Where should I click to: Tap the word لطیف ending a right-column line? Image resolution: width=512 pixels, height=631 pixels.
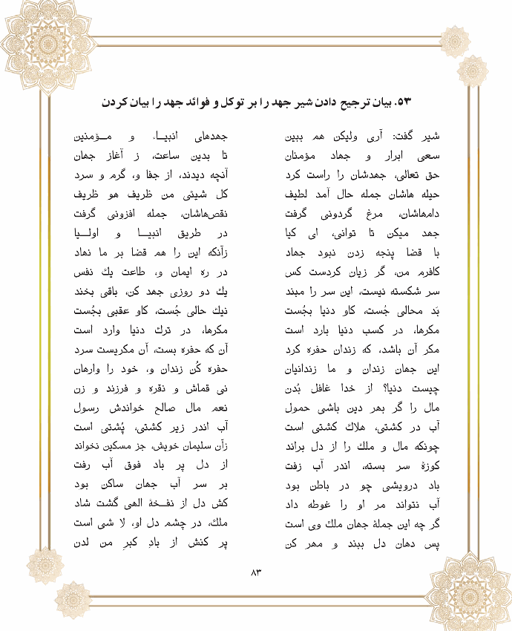tap(301, 196)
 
